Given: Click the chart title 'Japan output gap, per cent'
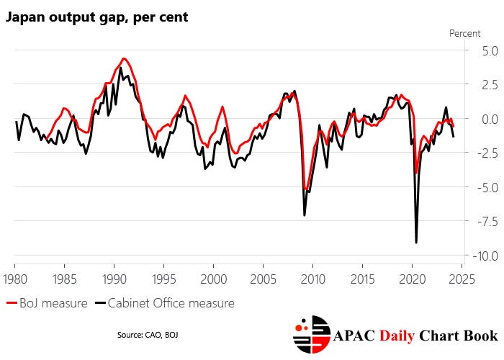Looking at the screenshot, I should coord(97,17).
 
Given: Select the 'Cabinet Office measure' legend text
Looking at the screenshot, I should coord(171,303).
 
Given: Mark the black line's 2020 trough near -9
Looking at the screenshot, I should coord(416,243).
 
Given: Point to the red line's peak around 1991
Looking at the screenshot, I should coord(124,58).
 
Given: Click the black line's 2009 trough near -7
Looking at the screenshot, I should coord(305,215).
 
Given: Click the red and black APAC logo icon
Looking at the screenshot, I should coord(311,336).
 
